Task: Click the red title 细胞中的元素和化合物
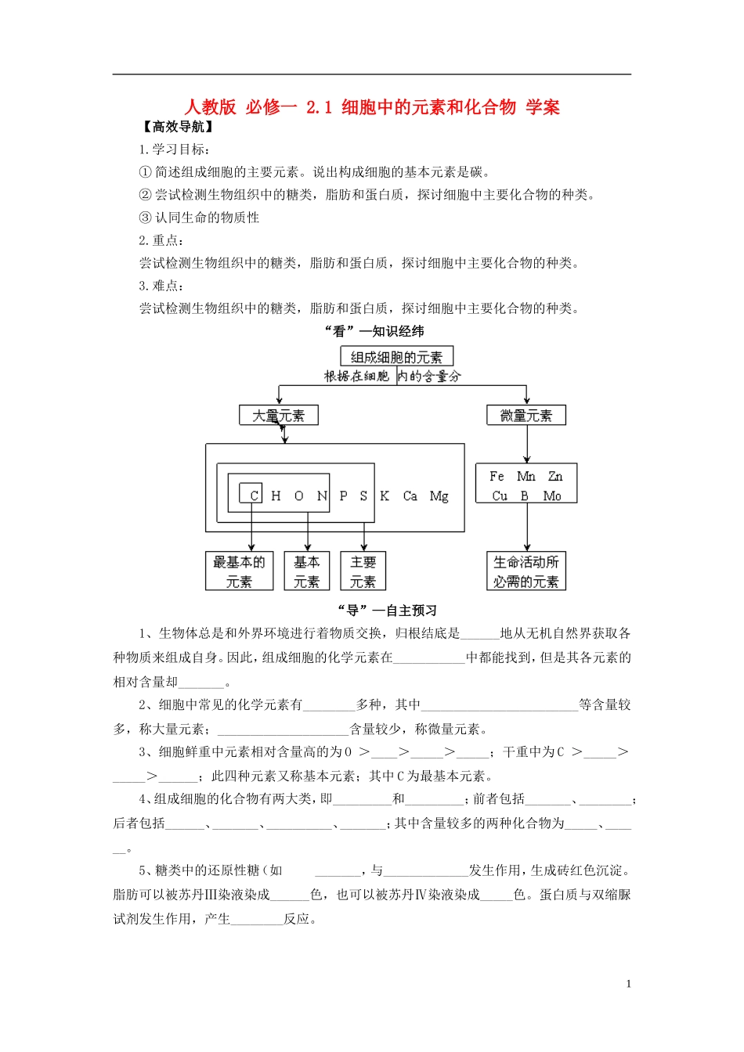429,107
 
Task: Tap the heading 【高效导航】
179,127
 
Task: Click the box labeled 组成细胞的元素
397,357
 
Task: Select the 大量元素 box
279,416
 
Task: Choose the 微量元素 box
526,416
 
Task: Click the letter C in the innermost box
254,495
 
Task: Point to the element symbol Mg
439,496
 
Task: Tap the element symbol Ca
410,496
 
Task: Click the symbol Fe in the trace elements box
497,476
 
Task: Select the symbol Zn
555,476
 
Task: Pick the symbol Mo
552,496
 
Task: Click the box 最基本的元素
240,571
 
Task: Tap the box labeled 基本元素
307,571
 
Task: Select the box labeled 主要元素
363,571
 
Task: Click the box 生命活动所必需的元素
526,571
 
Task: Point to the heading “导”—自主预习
387,611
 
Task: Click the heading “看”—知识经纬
374,331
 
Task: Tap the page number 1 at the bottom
629,984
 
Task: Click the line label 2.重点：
162,240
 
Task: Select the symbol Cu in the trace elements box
500,496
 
